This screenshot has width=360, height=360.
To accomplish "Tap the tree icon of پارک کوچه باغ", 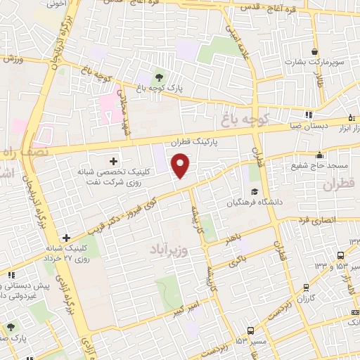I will coord(160,77).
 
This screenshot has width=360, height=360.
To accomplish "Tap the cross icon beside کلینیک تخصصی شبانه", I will coord(113,161).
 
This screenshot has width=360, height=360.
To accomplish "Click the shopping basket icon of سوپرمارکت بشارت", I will coord(314,52).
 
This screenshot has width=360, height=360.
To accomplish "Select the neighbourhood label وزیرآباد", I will coord(171,248).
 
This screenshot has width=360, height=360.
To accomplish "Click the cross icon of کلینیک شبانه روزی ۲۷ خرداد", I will coord(66,238).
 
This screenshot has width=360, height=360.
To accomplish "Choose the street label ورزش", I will coord(14,59).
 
